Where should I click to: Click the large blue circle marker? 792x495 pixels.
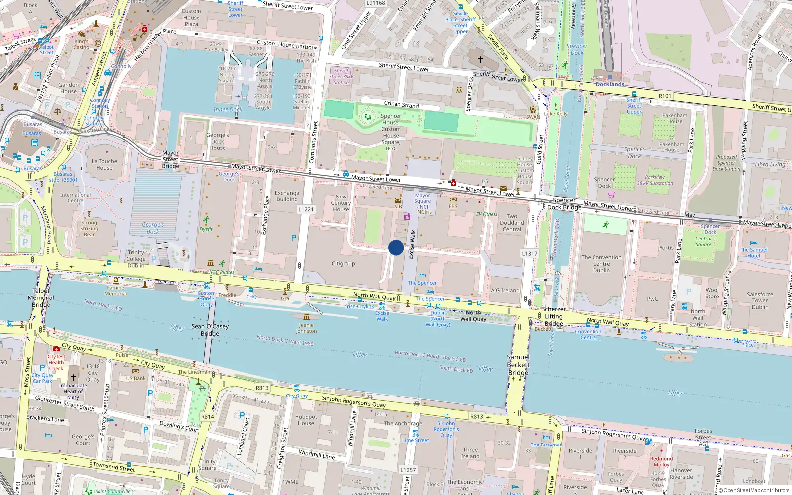tap(396, 247)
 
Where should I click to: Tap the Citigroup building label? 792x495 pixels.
tap(344, 264)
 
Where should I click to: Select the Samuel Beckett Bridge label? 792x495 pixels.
tap(518, 365)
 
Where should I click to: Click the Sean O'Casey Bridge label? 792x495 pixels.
tap(210, 330)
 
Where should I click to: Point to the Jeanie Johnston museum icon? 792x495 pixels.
tap(307, 317)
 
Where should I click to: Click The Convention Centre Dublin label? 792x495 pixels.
tap(601, 264)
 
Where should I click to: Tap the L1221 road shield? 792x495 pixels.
tap(306, 209)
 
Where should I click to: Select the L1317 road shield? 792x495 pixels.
tap(529, 253)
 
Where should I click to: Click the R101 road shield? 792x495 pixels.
tap(665, 96)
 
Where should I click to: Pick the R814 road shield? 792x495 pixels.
tap(207, 417)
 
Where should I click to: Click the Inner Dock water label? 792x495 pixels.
tap(228, 109)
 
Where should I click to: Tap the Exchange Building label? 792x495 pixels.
tap(287, 196)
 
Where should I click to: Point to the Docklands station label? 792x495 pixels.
tap(610, 84)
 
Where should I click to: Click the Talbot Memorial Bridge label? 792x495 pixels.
tap(41, 297)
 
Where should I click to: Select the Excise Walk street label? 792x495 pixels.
tap(412, 245)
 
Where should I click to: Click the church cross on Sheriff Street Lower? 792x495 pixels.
tap(480, 60)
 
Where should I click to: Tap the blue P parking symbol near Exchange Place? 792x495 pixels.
tap(294, 238)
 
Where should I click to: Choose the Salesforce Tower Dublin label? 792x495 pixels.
tap(760, 300)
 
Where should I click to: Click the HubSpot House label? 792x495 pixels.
tap(306, 420)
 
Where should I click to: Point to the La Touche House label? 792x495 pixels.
tap(104, 164)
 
